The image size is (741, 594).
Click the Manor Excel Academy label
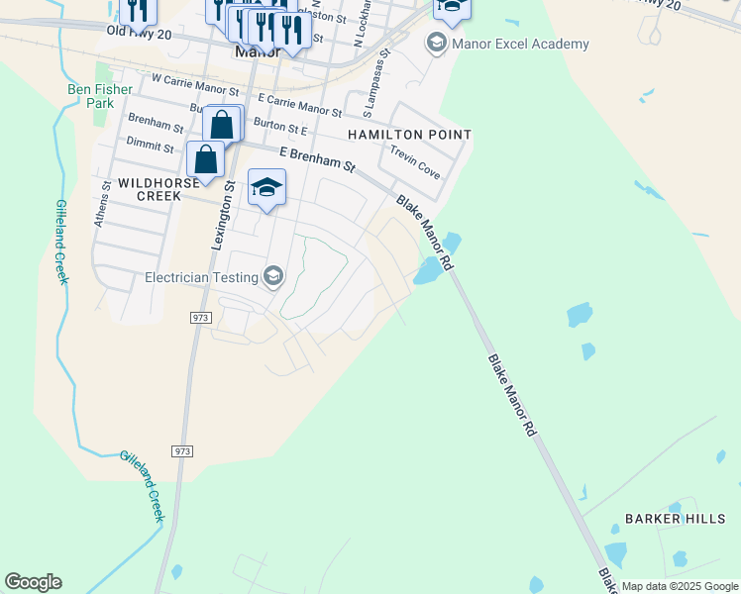520,44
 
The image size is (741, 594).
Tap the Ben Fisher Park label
98,96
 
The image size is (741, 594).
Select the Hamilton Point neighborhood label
409,134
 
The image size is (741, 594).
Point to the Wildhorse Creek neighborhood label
150,189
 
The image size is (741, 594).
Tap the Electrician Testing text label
203,277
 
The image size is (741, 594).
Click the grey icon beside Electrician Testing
274,276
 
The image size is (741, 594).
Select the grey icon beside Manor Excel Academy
435,44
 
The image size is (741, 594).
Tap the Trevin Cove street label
415,162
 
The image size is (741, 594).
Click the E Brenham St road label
317,158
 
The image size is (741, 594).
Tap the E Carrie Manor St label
299,105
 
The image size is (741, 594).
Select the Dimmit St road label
150,145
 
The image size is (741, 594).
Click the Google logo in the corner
33,582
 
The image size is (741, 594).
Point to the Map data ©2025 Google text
681,586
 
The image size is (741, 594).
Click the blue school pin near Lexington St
266,188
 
